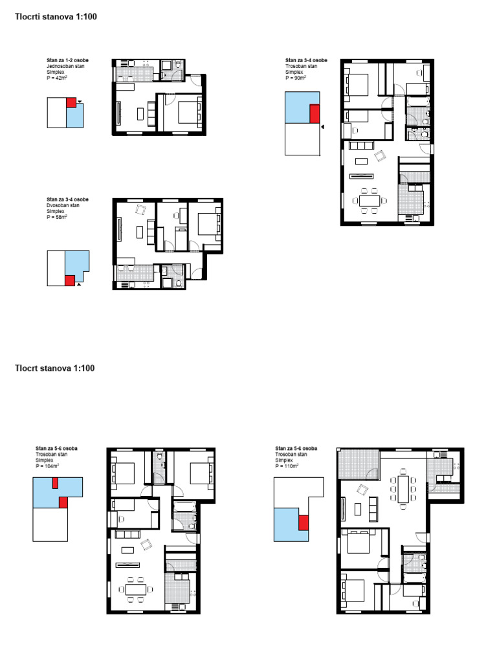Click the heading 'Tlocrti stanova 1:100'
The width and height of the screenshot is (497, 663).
56,17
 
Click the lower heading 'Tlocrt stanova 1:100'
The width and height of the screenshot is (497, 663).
54,368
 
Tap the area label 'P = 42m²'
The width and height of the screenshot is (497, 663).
57,78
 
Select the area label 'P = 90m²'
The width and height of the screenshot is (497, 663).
295,78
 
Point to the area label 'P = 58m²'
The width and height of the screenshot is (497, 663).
57,217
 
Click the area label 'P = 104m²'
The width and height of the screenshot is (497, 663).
47,466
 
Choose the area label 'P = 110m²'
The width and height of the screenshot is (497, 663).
287,466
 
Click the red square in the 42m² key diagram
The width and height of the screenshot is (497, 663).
71,102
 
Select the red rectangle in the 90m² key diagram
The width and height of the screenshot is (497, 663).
315,114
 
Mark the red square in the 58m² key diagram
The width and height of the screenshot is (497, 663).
70,280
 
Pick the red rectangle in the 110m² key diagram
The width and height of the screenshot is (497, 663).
304,523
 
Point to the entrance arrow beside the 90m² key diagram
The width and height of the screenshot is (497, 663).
322,126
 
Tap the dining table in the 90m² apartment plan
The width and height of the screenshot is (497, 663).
370,201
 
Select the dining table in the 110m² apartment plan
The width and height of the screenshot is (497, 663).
403,489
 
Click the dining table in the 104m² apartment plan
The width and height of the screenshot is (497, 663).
136,589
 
